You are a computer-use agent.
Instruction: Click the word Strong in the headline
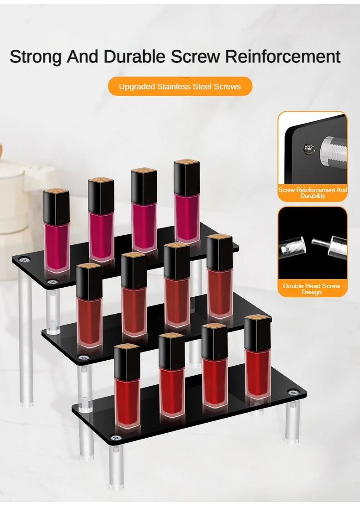(x=36, y=57)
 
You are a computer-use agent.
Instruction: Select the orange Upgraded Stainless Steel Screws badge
(x=180, y=86)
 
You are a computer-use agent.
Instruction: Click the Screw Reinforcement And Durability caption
(x=313, y=192)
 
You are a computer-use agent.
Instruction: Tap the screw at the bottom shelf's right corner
(x=291, y=392)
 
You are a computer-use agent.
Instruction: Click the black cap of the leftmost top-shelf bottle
(x=56, y=207)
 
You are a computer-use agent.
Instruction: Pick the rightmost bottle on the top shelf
(x=187, y=201)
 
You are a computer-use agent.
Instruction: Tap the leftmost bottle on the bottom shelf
(x=127, y=385)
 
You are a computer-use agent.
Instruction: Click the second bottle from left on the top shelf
(x=101, y=219)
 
